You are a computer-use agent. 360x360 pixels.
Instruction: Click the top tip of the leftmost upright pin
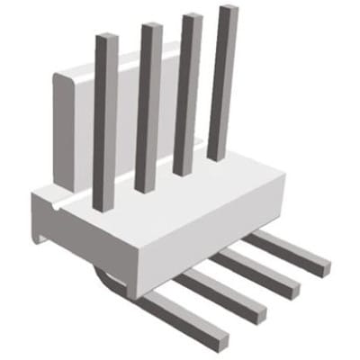point(106,38)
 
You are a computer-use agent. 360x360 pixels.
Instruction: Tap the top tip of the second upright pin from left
point(150,25)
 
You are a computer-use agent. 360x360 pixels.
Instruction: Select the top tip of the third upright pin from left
point(191,16)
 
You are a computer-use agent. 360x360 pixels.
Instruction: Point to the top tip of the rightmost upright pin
point(229,8)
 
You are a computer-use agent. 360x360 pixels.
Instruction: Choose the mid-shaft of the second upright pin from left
point(146,108)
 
